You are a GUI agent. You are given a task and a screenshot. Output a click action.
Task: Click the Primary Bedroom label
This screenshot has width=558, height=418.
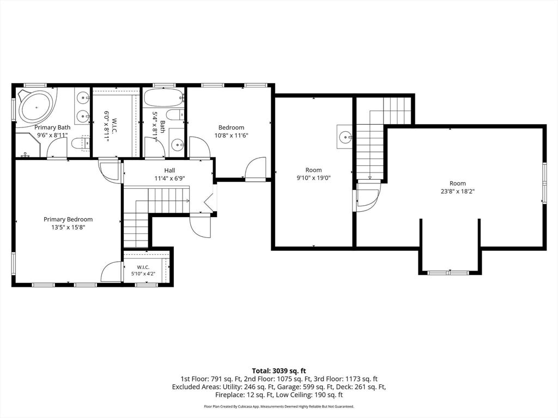(68, 219)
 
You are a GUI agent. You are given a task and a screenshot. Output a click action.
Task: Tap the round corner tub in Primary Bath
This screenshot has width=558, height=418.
(37, 107)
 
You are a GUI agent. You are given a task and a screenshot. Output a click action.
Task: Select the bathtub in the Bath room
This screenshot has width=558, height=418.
(163, 98)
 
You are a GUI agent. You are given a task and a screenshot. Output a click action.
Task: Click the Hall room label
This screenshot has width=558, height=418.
(169, 170)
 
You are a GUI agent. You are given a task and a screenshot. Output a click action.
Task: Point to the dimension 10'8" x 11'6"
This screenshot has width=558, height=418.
(231, 136)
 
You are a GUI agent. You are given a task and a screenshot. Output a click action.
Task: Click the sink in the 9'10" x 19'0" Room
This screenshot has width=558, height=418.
(345, 137)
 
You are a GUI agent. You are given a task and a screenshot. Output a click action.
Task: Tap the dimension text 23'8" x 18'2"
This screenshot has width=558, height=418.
(457, 191)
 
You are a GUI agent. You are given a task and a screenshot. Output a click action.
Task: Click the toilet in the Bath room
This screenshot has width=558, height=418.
(175, 114)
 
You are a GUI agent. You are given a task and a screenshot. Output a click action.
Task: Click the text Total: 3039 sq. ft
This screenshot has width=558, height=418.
(279, 371)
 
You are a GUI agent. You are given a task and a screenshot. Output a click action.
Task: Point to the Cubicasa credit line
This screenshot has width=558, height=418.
(279, 406)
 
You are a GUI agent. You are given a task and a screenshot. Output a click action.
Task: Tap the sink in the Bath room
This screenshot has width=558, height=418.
(177, 144)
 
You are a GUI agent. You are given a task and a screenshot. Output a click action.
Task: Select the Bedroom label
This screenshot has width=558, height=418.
(231, 127)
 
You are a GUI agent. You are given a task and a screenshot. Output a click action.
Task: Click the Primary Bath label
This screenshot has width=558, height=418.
(52, 127)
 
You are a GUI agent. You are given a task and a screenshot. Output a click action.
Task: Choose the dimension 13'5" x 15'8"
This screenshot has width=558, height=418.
(68, 227)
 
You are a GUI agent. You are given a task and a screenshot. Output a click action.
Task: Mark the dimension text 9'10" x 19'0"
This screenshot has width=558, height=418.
(313, 178)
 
